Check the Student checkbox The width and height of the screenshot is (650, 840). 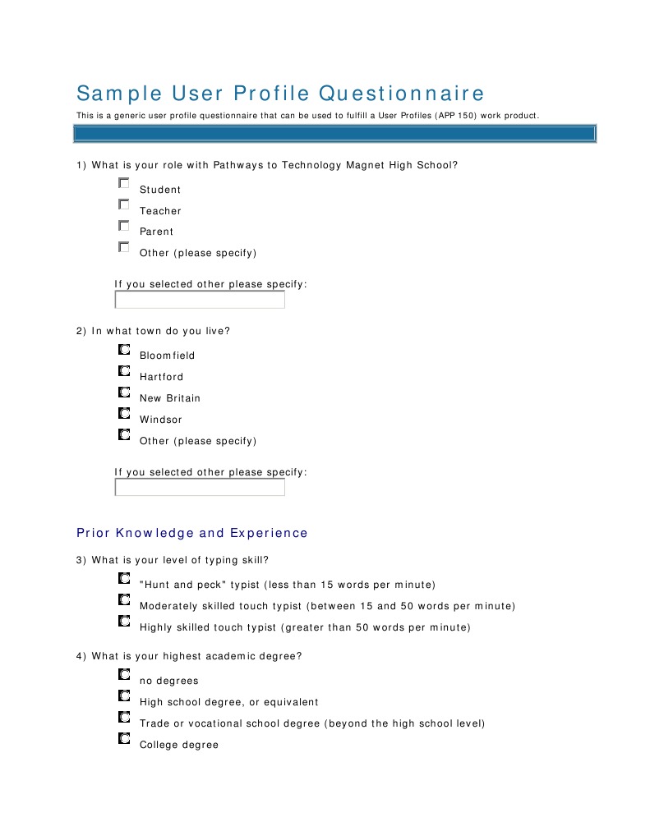pyautogui.click(x=123, y=183)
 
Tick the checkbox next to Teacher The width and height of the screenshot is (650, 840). pyautogui.click(x=123, y=204)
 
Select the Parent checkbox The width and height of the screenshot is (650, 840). pyautogui.click(x=123, y=225)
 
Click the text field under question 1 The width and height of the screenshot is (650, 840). pyautogui.click(x=200, y=300)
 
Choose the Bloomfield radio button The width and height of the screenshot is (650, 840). pyautogui.click(x=123, y=349)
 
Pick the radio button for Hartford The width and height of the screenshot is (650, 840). pyautogui.click(x=123, y=370)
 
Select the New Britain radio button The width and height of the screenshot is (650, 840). pyautogui.click(x=123, y=392)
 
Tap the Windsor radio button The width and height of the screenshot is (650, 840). pyautogui.click(x=123, y=413)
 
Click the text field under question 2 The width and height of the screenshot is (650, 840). pyautogui.click(x=200, y=488)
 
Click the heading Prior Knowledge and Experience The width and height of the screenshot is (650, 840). pyautogui.click(x=191, y=533)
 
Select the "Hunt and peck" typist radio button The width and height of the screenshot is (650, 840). pyautogui.click(x=123, y=579)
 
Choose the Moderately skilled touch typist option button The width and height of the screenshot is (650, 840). pyautogui.click(x=123, y=600)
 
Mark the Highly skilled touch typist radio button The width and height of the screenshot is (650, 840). pyautogui.click(x=123, y=622)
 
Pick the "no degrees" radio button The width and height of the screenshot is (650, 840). pyautogui.click(x=123, y=675)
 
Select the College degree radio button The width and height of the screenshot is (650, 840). pyautogui.click(x=123, y=739)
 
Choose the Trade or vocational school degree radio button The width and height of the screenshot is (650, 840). pyautogui.click(x=123, y=718)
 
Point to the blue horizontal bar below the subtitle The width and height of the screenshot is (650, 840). pyautogui.click(x=335, y=133)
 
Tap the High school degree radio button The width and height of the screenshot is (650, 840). pyautogui.click(x=123, y=696)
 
